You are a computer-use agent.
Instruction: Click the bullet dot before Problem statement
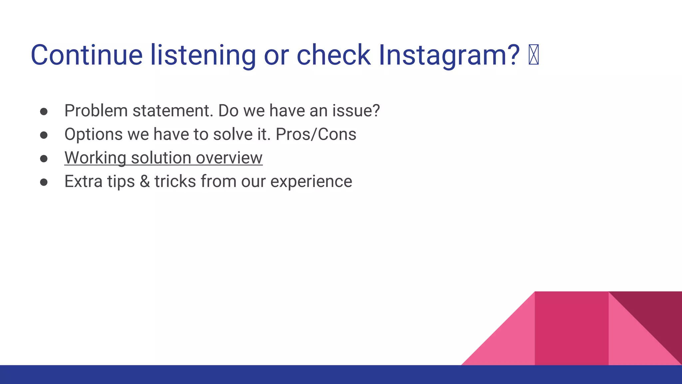[44, 111]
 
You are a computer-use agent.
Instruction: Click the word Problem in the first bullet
[96, 111]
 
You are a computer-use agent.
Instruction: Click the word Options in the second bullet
[94, 134]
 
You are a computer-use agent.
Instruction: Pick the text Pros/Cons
[316, 134]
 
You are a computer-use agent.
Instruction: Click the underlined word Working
[95, 158]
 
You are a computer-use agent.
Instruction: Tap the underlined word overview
[229, 158]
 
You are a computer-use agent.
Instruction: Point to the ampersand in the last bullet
[145, 182]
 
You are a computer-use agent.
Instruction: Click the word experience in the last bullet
[311, 182]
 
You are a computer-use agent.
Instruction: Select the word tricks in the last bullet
[175, 182]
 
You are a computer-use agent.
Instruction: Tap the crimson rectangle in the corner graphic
[571, 328]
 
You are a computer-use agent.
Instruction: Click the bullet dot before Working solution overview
[44, 159]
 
